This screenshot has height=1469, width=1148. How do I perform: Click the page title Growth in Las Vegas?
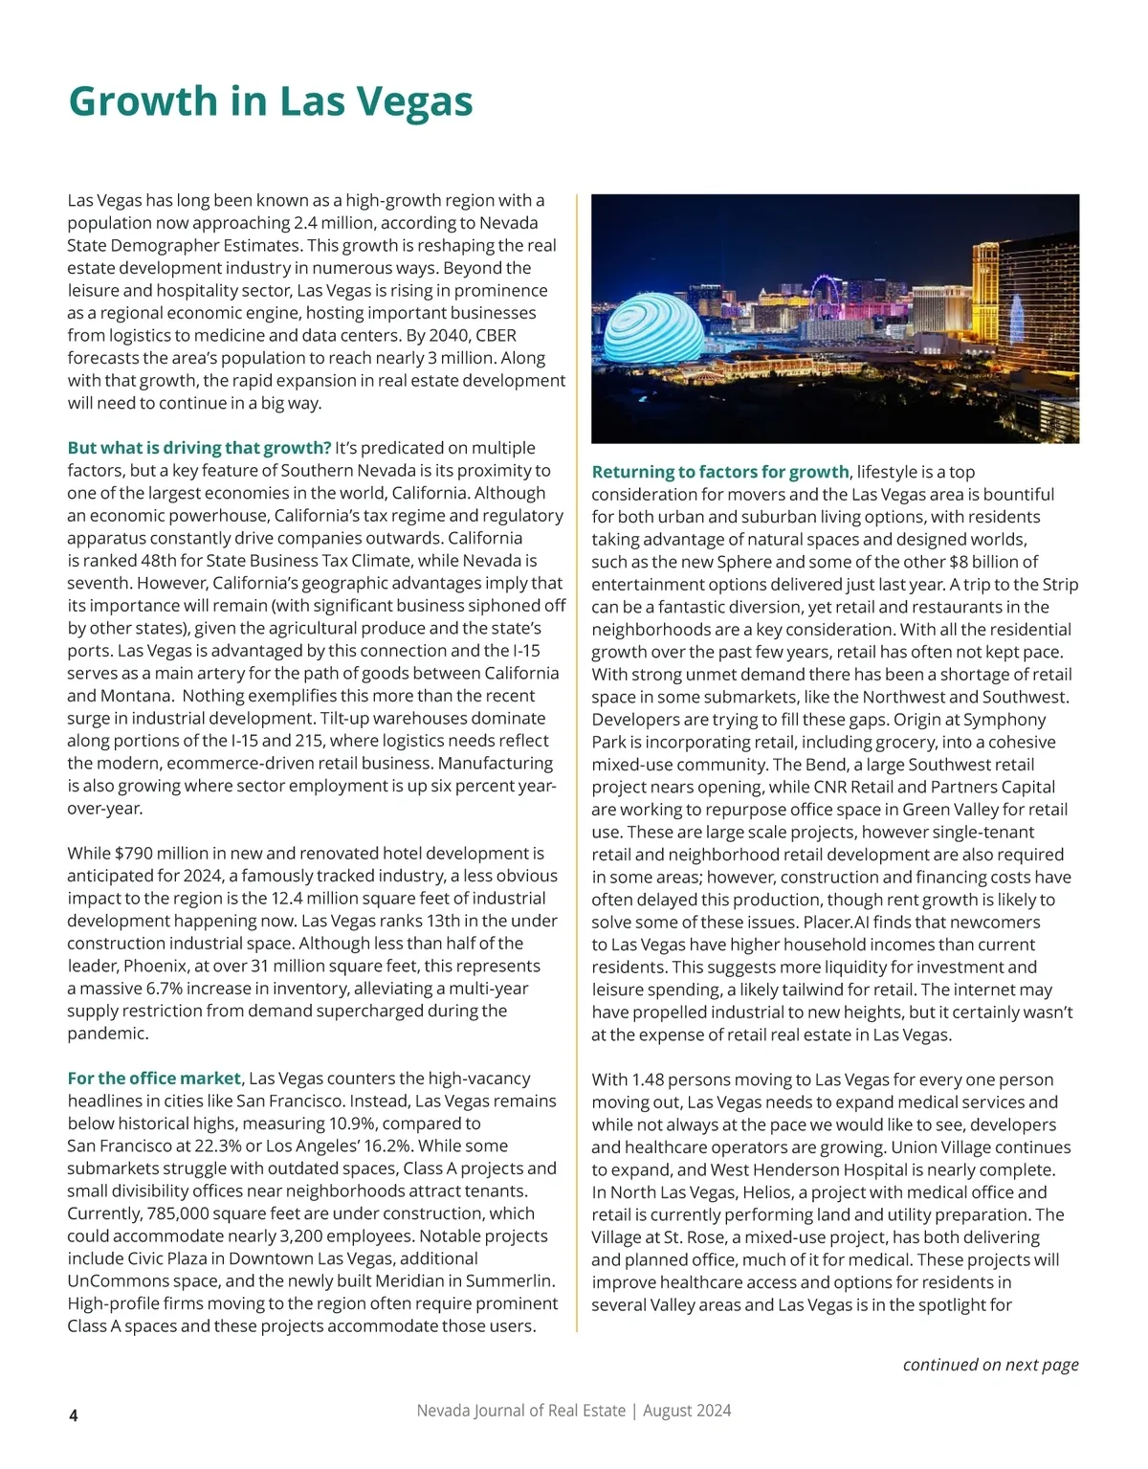(x=271, y=101)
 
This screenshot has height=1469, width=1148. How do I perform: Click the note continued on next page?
(x=990, y=1364)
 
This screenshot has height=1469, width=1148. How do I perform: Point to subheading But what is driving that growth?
(x=199, y=448)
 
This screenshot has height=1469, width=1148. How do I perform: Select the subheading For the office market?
(x=154, y=1079)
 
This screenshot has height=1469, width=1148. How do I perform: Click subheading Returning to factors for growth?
(x=719, y=472)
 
